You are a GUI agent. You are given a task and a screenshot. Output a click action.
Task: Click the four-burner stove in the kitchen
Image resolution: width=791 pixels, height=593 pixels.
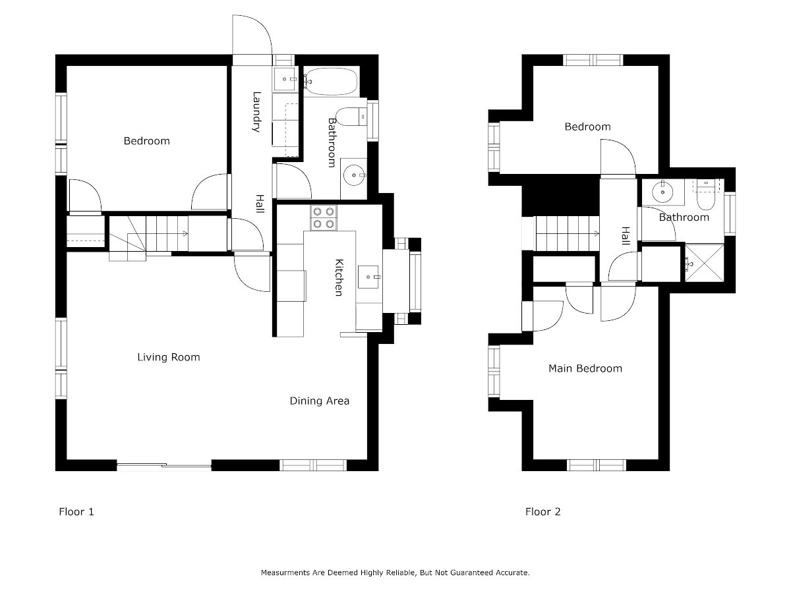[x=323, y=218]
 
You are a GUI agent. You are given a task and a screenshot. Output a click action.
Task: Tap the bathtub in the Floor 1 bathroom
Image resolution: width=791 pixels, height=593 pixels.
[x=331, y=81]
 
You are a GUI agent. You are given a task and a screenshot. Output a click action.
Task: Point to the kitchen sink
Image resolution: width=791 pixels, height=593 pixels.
[x=368, y=277]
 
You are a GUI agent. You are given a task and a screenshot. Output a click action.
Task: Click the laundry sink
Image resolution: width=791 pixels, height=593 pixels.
[x=285, y=79]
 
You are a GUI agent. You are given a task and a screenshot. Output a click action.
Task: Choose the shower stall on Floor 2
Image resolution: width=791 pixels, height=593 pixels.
[x=704, y=264]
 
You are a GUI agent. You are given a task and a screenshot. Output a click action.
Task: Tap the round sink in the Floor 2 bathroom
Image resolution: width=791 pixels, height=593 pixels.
[x=662, y=192]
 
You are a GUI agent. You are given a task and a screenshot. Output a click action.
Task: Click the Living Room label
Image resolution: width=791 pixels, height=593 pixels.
[x=169, y=357]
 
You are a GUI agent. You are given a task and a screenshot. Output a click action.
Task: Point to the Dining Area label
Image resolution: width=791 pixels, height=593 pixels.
[x=320, y=401]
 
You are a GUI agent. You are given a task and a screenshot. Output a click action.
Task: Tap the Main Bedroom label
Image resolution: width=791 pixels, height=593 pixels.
[x=585, y=368]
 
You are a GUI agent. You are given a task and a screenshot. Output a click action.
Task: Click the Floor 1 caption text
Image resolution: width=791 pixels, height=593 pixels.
[x=76, y=512]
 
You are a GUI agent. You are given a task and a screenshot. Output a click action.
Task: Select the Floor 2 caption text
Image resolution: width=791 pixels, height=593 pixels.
[x=543, y=512]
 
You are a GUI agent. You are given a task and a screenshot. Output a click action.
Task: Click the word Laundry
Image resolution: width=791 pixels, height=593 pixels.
[x=256, y=112]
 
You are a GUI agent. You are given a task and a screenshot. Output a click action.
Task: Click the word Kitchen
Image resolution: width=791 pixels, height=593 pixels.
[x=339, y=277]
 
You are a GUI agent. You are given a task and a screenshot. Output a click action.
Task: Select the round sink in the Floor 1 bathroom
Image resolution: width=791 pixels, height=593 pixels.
[x=354, y=175]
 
